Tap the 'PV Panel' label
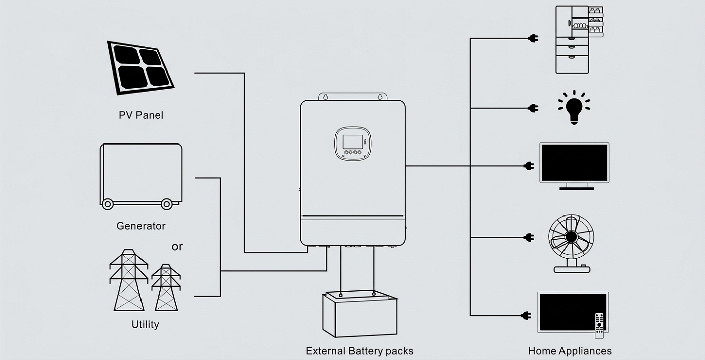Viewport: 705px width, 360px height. click(x=141, y=115)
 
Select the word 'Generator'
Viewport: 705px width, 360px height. click(x=141, y=226)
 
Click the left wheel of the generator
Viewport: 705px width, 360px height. click(x=107, y=204)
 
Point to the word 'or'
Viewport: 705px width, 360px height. click(x=177, y=247)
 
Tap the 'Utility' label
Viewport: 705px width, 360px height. click(x=145, y=324)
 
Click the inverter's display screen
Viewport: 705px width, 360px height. click(x=351, y=141)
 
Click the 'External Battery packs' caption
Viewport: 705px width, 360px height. click(x=360, y=351)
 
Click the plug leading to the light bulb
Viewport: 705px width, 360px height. click(x=533, y=108)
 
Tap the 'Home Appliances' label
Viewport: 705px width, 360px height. click(x=570, y=351)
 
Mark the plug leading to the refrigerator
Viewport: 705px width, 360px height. click(x=533, y=38)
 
